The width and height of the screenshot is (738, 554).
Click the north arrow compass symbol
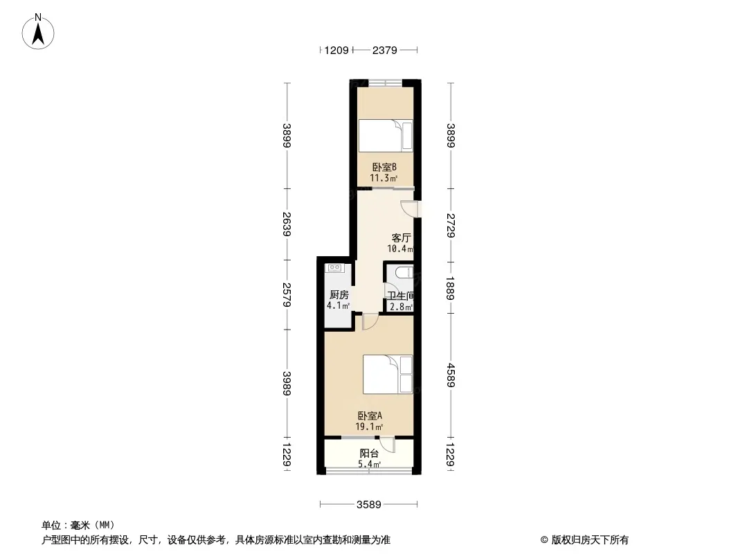click(38, 32)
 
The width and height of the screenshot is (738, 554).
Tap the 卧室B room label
click(384, 167)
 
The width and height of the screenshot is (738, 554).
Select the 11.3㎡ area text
click(384, 178)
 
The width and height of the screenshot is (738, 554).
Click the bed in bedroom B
click(386, 136)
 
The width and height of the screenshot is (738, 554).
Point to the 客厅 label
click(401, 238)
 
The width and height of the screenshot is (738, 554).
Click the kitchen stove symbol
click(334, 268)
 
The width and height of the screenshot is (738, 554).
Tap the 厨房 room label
click(339, 294)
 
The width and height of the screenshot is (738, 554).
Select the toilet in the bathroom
click(404, 273)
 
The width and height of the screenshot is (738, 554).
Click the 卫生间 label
click(401, 296)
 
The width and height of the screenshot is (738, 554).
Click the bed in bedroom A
click(388, 374)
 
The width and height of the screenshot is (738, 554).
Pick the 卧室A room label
click(370, 416)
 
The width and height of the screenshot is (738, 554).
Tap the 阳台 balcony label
click(369, 454)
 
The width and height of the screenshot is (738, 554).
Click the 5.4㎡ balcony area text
click(370, 465)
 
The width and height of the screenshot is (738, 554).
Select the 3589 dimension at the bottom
click(368, 505)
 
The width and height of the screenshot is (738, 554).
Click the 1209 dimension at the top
click(336, 50)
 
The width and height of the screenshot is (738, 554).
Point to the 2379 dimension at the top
click(384, 50)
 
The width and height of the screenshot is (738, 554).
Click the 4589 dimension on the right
click(451, 375)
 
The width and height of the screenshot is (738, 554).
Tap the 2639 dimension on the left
click(287, 224)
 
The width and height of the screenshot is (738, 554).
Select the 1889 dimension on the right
click(451, 289)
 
